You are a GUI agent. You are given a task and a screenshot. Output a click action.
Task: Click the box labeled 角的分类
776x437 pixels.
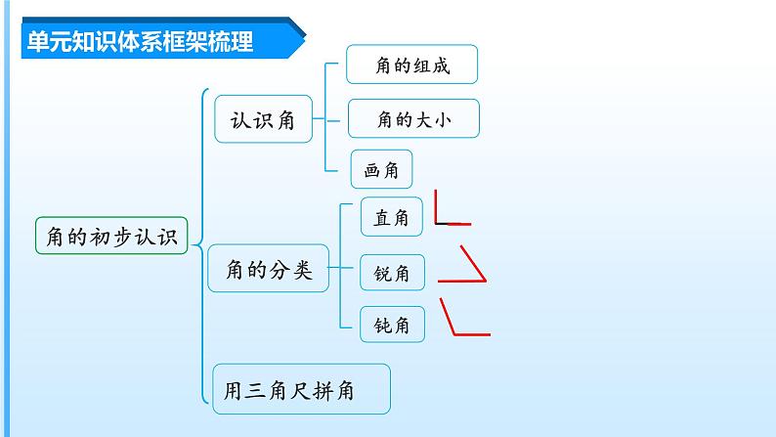click(x=268, y=271)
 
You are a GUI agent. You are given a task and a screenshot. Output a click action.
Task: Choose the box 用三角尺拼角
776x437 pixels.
click(x=301, y=390)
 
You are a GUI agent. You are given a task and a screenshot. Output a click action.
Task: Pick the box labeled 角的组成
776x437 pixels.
click(x=411, y=65)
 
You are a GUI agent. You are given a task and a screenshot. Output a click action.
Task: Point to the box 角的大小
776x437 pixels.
click(x=413, y=120)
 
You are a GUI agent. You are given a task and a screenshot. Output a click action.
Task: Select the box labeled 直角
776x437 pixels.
click(x=391, y=218)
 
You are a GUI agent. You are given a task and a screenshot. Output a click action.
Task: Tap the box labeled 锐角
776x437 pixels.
click(x=391, y=275)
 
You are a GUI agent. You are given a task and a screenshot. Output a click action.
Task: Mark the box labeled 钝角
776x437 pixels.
click(x=391, y=325)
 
